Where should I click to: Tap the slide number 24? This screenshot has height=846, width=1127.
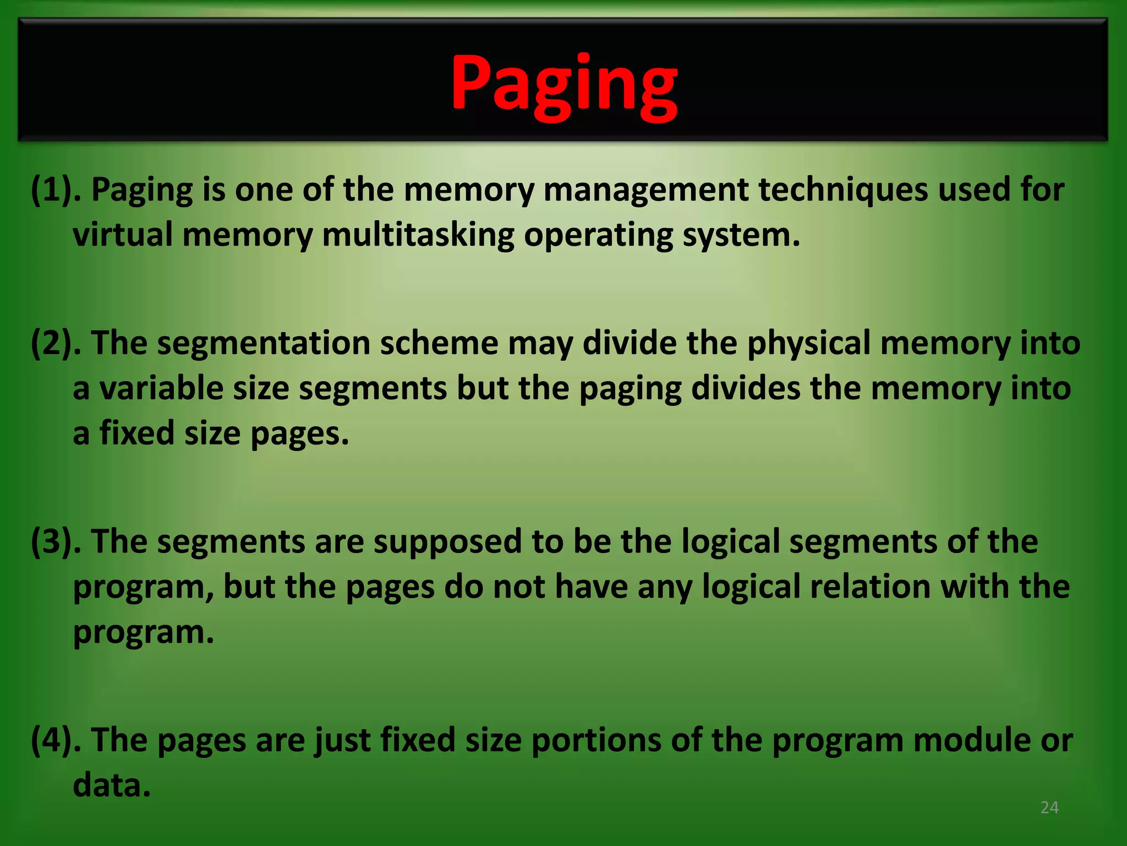pyautogui.click(x=1049, y=807)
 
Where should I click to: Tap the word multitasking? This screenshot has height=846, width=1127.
pyautogui.click(x=418, y=235)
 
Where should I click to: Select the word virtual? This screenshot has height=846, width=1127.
pyautogui.click(x=123, y=235)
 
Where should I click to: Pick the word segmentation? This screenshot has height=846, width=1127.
pyautogui.click(x=264, y=343)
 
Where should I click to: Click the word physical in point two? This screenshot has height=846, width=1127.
pyautogui.click(x=808, y=343)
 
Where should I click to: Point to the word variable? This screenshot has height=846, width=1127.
pyautogui.click(x=161, y=388)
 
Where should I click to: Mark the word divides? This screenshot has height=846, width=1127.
pyautogui.click(x=745, y=388)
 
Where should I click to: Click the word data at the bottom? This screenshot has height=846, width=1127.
pyautogui.click(x=112, y=785)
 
